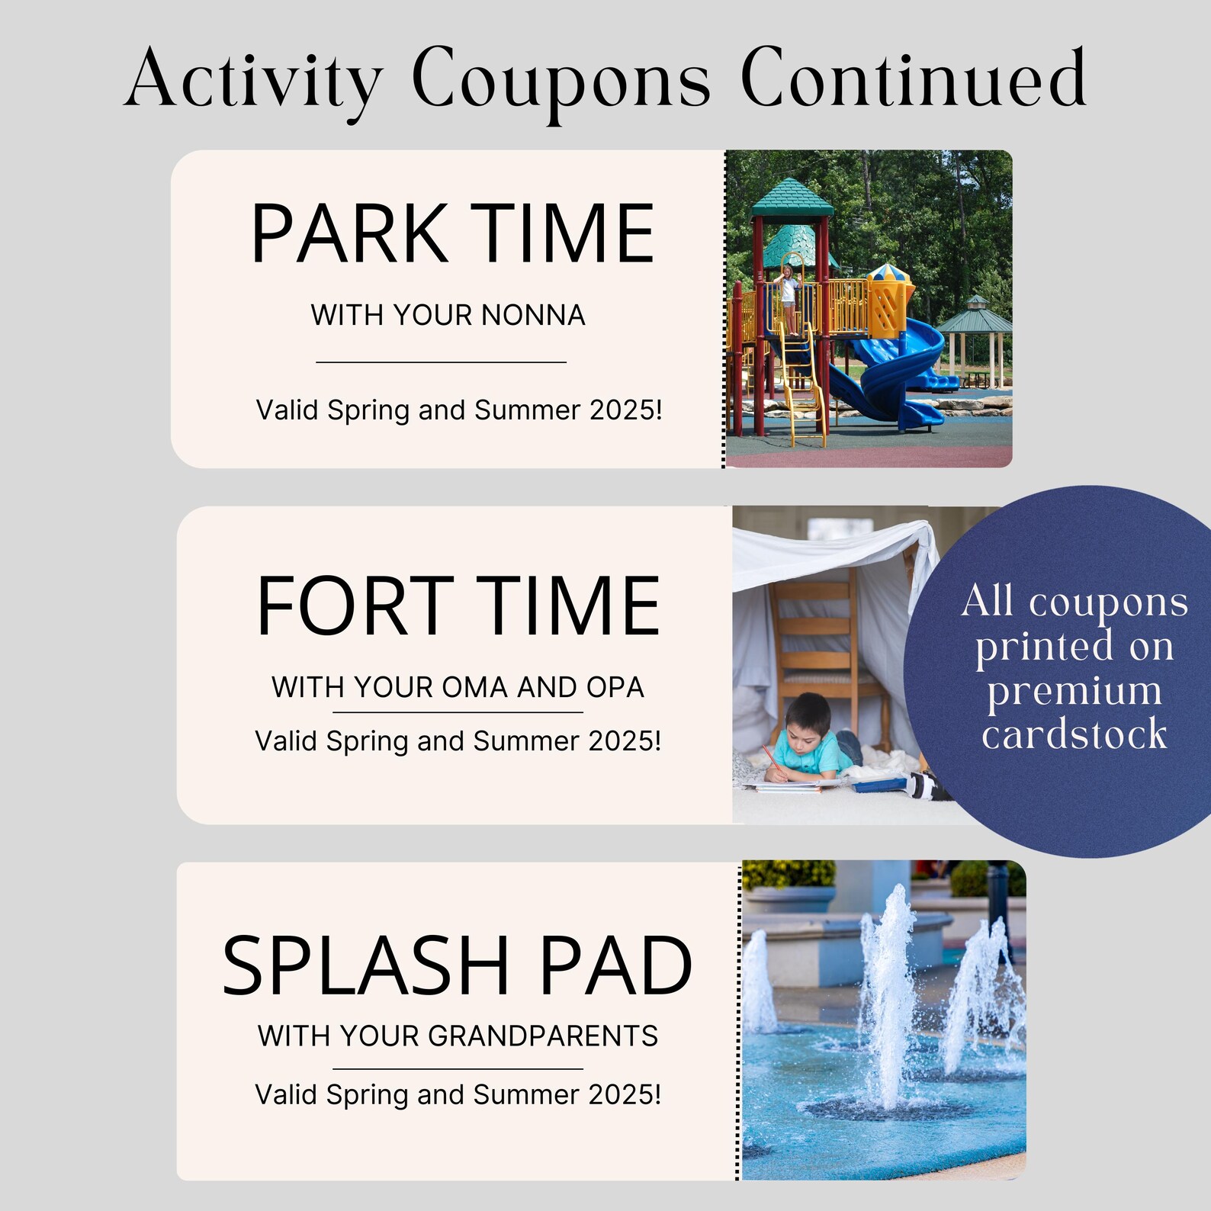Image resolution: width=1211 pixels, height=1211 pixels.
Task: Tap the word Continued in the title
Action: coord(913,78)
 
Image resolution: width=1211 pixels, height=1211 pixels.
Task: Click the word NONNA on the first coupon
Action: coord(533,315)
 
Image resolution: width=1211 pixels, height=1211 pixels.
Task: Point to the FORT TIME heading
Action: coord(458,606)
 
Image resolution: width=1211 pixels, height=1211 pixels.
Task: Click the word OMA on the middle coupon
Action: coord(474,687)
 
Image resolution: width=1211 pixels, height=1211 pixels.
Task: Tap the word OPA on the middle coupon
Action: coord(615,687)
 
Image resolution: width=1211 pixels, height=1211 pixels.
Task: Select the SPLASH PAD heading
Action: coord(457,965)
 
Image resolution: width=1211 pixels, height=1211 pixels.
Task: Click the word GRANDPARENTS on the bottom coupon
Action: coord(542,1036)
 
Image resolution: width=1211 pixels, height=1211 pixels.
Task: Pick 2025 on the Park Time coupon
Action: coord(621,410)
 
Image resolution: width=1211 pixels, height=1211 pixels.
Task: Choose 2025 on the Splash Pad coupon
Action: coord(619,1095)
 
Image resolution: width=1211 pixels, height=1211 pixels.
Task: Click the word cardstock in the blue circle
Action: coord(1074,734)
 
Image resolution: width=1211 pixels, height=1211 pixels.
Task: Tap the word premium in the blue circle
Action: coord(1074,691)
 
